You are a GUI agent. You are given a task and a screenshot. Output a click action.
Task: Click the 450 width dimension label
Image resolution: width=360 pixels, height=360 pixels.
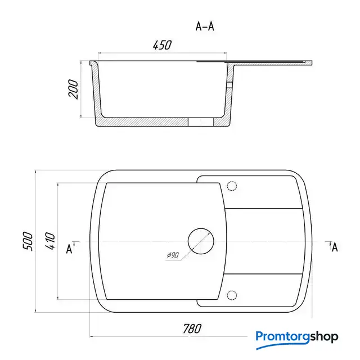[162, 45]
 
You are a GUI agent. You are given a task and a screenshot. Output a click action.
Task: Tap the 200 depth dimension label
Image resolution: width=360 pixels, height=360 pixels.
[73, 89]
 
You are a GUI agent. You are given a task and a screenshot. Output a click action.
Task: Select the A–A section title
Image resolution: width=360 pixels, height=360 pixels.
[205, 26]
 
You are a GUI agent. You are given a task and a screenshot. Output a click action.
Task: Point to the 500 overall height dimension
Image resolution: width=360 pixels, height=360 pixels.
[28, 241]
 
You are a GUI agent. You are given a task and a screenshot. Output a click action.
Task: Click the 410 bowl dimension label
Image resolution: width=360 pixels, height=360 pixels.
[50, 241]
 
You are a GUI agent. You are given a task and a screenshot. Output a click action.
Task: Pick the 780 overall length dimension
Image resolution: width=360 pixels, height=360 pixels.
[192, 328]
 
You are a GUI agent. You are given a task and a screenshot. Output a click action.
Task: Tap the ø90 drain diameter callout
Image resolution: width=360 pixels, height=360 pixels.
[173, 255]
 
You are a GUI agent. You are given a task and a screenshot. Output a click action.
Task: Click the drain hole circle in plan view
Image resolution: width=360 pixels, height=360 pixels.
[201, 228]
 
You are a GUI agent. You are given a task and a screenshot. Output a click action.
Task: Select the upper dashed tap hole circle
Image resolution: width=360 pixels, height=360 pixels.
[232, 186]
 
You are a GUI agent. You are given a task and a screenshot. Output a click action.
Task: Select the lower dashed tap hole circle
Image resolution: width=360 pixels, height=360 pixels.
[232, 295]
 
